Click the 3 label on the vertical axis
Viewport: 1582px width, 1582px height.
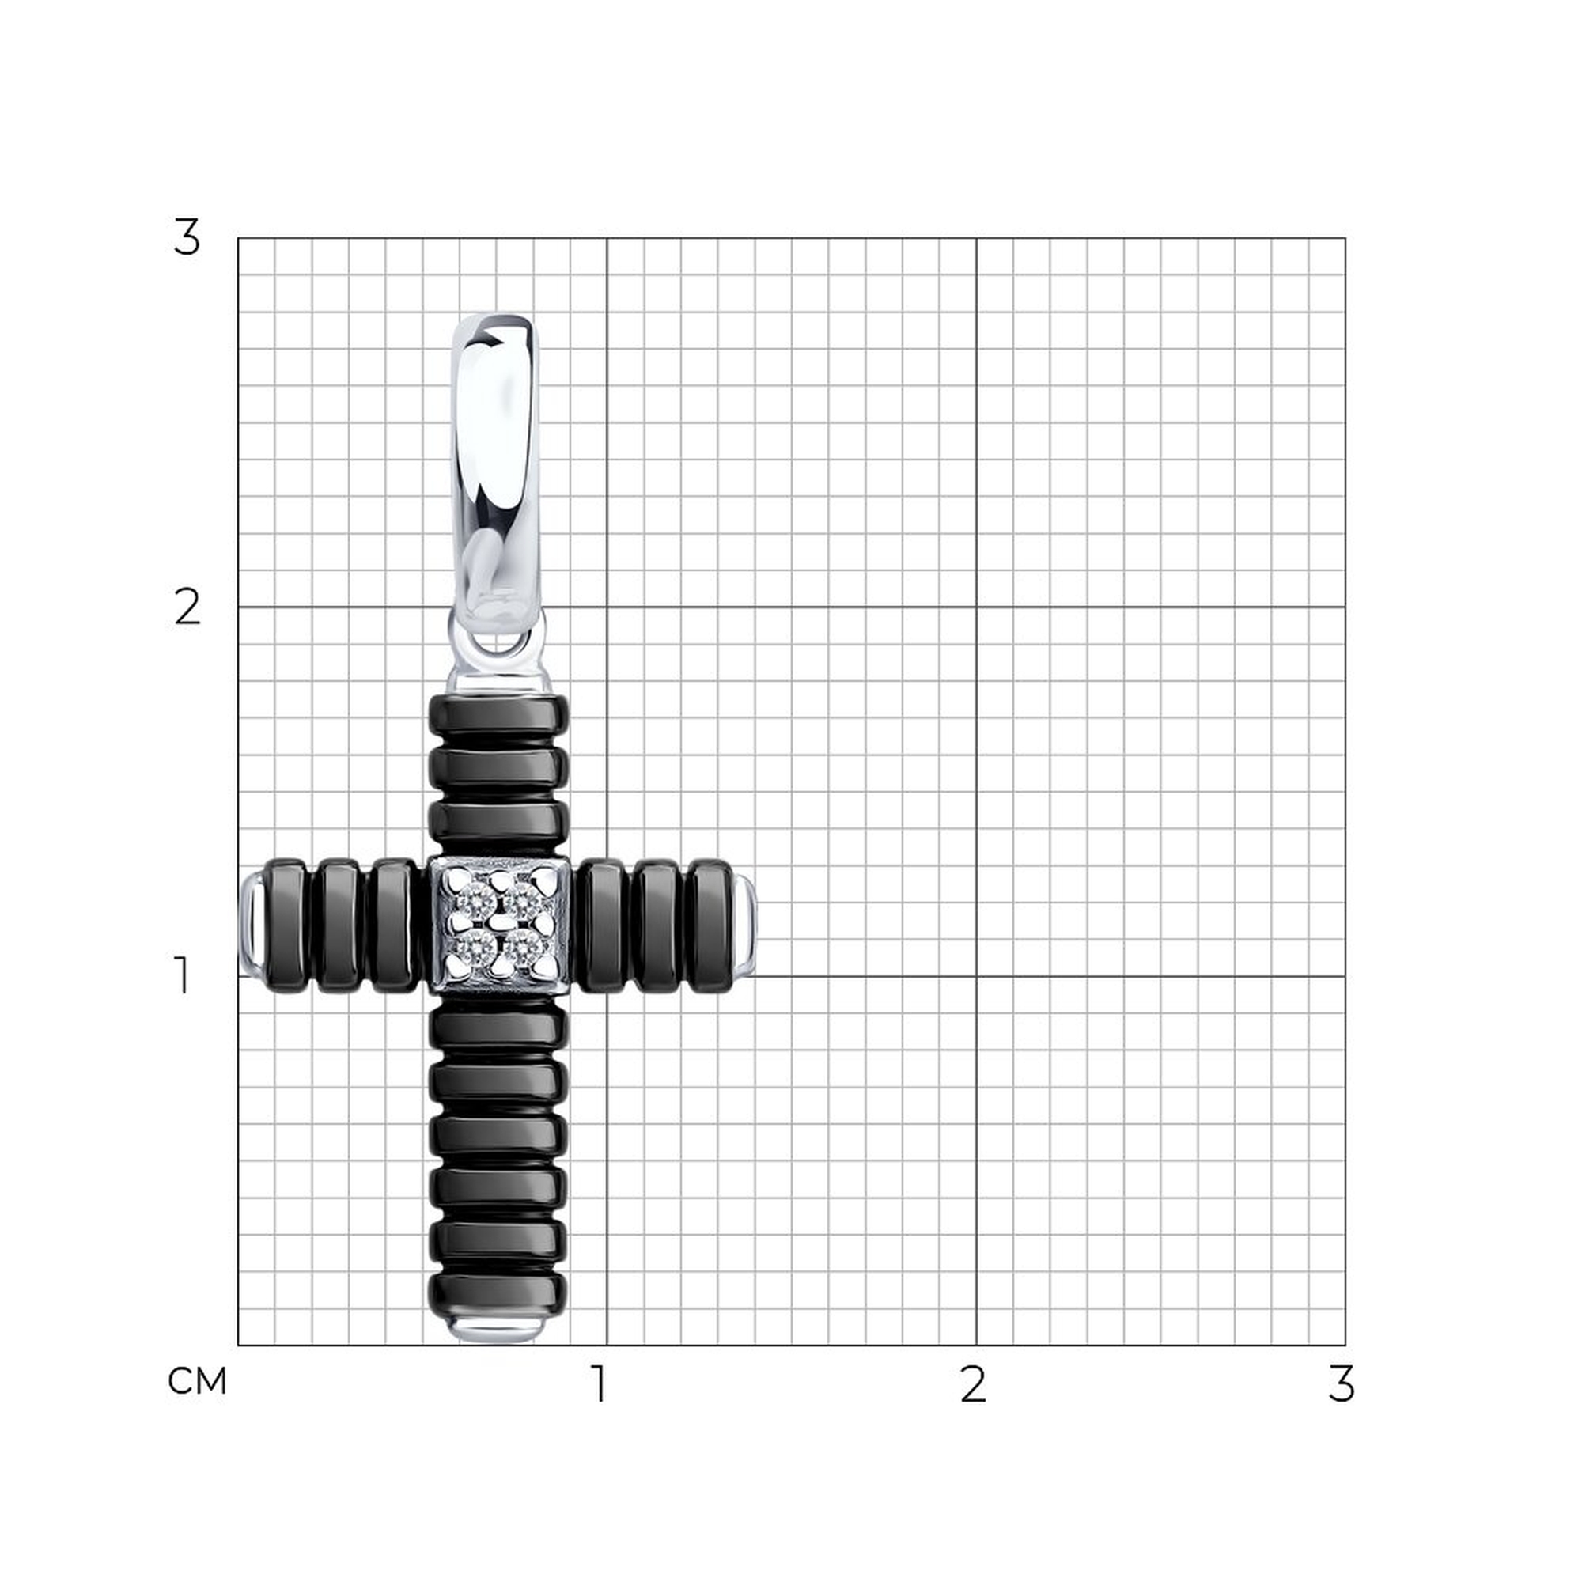point(187,238)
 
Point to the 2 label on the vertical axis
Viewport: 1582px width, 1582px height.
point(187,607)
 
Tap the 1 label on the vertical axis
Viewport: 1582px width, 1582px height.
point(182,976)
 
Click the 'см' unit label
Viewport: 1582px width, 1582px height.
point(196,1382)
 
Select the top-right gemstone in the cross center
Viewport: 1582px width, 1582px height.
point(520,904)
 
